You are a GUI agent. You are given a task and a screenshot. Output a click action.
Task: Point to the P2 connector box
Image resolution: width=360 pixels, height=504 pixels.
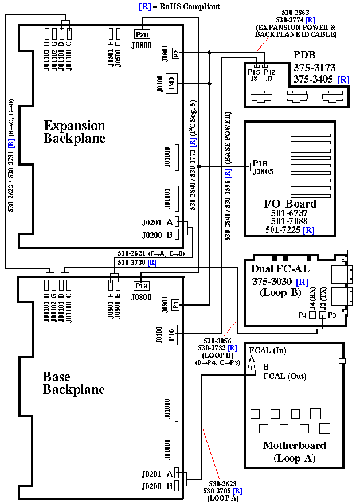click(176, 53)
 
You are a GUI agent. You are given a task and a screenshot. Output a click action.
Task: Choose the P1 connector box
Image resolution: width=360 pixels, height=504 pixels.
click(176, 306)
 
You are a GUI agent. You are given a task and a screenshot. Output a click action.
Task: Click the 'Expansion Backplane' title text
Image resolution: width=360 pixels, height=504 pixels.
click(75, 132)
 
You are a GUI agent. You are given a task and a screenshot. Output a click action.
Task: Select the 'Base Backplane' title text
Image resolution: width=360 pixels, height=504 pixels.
click(74, 383)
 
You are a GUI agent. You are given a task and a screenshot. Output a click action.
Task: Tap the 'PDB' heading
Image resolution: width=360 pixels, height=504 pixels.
click(304, 56)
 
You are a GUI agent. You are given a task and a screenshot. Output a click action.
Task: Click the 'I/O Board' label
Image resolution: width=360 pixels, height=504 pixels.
click(289, 204)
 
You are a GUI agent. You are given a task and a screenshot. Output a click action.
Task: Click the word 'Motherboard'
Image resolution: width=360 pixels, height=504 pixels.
click(294, 446)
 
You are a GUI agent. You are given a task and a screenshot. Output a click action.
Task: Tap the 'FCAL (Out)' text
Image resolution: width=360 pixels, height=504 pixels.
click(285, 377)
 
